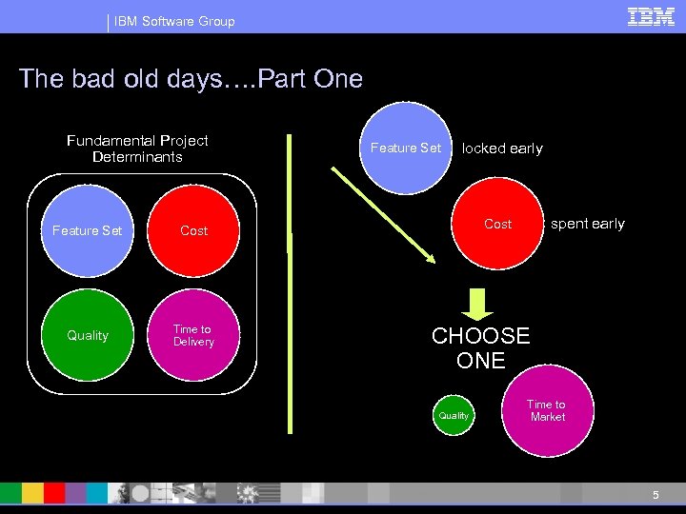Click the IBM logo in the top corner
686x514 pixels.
pyautogui.click(x=651, y=17)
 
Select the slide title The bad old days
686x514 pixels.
pyautogui.click(x=191, y=78)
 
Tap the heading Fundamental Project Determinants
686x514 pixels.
pyautogui.click(x=137, y=148)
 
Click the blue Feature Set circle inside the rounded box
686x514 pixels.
pyautogui.click(x=88, y=230)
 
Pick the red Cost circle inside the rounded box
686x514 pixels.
pyautogui.click(x=193, y=230)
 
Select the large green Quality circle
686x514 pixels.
pyautogui.click(x=88, y=335)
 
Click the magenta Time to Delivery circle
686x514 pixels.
pyautogui.click(x=193, y=335)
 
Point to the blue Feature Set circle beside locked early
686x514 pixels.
pyautogui.click(x=405, y=148)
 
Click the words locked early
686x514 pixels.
pyautogui.click(x=502, y=148)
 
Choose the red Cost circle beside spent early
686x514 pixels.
pyautogui.click(x=497, y=225)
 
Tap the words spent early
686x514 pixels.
pyautogui.click(x=588, y=224)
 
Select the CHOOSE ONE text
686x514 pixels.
pyautogui.click(x=480, y=348)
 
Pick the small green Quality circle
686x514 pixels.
pyautogui.click(x=454, y=416)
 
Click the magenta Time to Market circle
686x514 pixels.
pyautogui.click(x=547, y=411)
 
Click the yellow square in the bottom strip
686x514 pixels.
pyautogui.click(x=31, y=492)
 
